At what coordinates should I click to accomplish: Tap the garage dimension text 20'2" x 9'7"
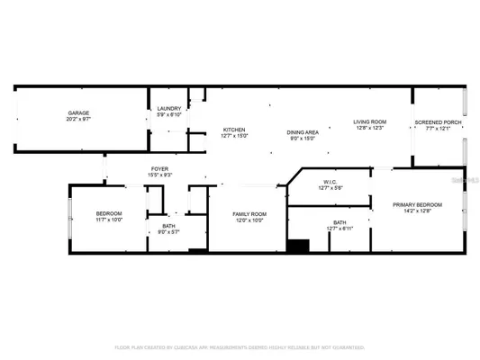[x=75, y=119]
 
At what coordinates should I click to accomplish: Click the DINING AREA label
[x=302, y=130]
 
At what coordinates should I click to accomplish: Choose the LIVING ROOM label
[x=370, y=121]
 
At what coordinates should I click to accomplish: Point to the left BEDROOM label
[x=109, y=213]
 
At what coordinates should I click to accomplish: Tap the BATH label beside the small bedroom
[x=168, y=226]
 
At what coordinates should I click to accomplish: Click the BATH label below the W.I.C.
[x=340, y=222]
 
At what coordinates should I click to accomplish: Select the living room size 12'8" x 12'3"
[x=370, y=128]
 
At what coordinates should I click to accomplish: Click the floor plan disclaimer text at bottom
[x=240, y=347]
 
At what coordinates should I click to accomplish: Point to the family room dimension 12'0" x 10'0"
[x=247, y=220]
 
